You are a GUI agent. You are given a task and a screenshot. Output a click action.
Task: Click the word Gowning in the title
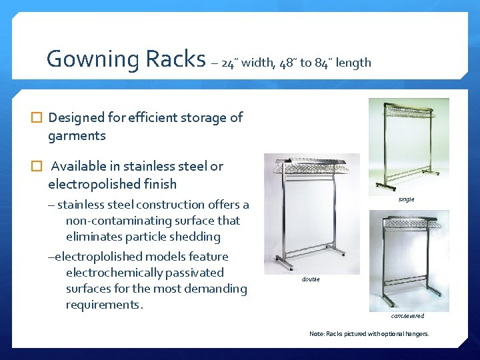coord(91,59)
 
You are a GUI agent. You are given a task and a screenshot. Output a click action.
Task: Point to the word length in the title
coord(353,63)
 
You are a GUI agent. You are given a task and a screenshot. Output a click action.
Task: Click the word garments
coord(77,136)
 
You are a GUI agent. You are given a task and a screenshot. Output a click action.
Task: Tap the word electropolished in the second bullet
coord(91,184)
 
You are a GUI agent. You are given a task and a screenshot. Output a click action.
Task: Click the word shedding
coord(197,237)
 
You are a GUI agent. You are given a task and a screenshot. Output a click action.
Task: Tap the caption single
coord(406,199)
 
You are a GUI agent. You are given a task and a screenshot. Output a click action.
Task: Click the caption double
coord(311,279)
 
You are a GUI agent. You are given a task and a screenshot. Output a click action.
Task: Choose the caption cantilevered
coord(407,316)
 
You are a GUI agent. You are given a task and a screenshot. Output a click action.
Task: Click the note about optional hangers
coord(369,333)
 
